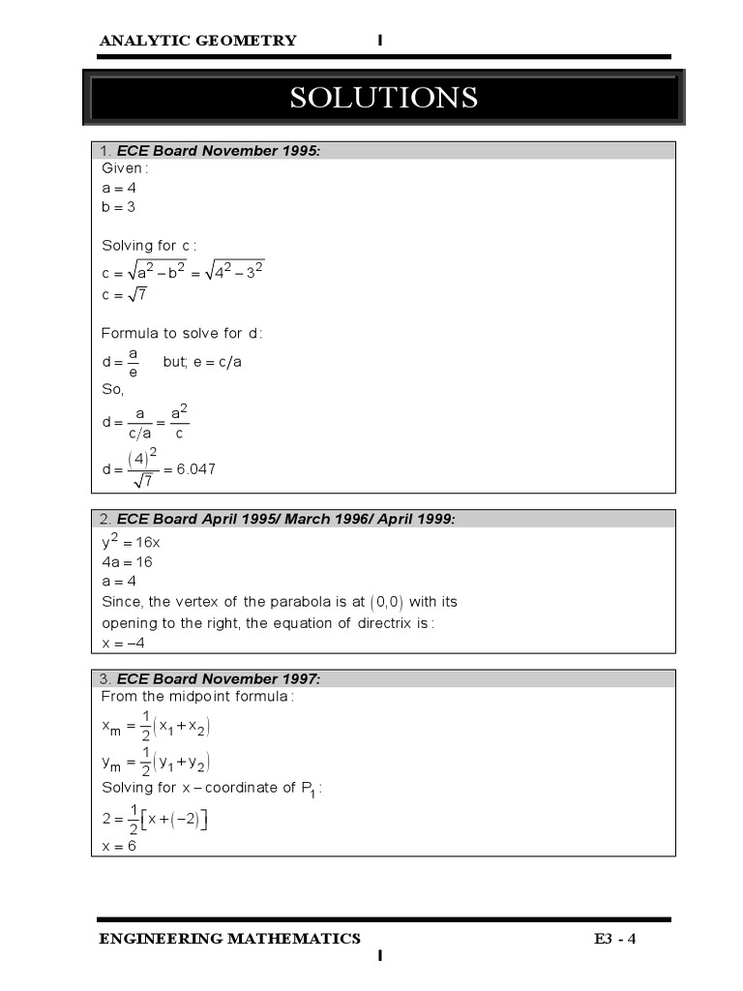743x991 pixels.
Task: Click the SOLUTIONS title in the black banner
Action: (384, 98)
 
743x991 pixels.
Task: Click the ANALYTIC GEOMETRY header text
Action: (197, 41)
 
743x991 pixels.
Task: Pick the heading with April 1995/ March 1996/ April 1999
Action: (285, 520)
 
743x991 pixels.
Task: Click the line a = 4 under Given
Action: (119, 188)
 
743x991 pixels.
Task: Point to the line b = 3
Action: (119, 207)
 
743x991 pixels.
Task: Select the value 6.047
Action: (196, 469)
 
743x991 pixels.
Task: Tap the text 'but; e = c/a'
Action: (202, 362)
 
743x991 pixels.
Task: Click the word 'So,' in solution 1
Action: (113, 391)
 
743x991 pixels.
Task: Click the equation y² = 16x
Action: (132, 542)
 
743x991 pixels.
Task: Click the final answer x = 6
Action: (119, 846)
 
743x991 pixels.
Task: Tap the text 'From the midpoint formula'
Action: (197, 697)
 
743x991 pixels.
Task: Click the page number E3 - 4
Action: (615, 939)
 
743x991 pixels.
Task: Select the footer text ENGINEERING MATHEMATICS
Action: (230, 939)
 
